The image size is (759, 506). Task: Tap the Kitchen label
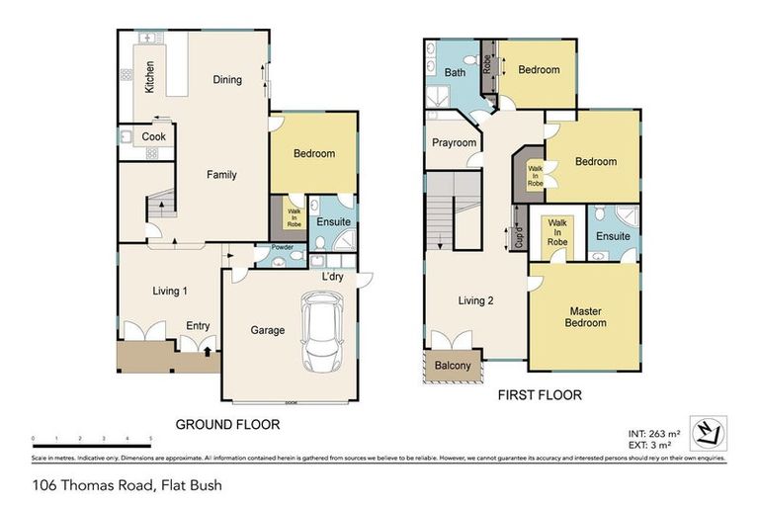coord(149,76)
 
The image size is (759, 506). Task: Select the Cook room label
coord(153,136)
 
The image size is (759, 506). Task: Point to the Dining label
coord(227,80)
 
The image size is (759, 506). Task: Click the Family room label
coord(221,175)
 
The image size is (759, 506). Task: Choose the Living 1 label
coord(169,291)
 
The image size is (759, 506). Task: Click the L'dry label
coord(332,277)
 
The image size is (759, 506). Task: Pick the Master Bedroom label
coord(584,317)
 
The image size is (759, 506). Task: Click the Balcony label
coord(454,367)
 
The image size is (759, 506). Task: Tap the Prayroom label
coord(455,143)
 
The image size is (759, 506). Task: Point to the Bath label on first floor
coord(455,73)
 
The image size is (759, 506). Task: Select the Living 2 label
coord(475,300)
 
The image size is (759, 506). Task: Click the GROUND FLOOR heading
coord(227,424)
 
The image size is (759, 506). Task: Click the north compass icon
coord(708,431)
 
